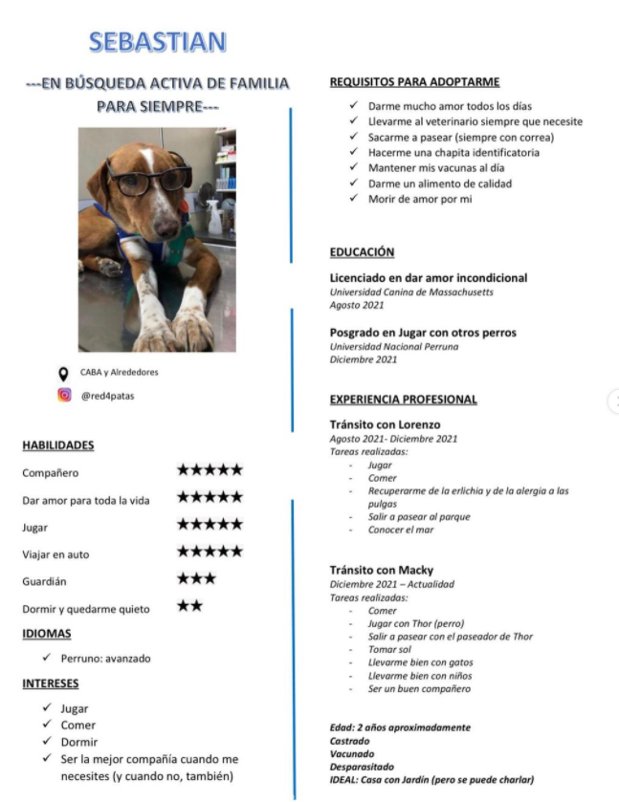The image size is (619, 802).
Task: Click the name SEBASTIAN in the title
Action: [x=158, y=42]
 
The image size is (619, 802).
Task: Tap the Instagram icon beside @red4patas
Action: [x=64, y=395]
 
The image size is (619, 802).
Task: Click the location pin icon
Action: [x=64, y=373]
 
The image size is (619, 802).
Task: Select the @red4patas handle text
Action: [x=107, y=396]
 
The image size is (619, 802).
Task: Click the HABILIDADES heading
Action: [x=57, y=445]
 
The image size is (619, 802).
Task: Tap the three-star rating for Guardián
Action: [x=196, y=579]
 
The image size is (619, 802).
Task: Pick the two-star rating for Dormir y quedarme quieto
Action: [x=189, y=606]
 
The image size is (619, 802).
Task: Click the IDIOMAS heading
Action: [x=47, y=634]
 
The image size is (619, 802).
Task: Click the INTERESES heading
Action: [x=51, y=684]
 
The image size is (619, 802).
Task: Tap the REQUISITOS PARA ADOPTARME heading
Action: [x=414, y=82]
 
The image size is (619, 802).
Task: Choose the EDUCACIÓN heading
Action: [x=362, y=252]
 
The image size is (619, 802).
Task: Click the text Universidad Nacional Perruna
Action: [x=394, y=346]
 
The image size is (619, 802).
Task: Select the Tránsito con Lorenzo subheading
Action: [x=385, y=424]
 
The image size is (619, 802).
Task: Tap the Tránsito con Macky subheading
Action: [x=382, y=571]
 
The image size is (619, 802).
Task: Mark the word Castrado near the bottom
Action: [x=350, y=741]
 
